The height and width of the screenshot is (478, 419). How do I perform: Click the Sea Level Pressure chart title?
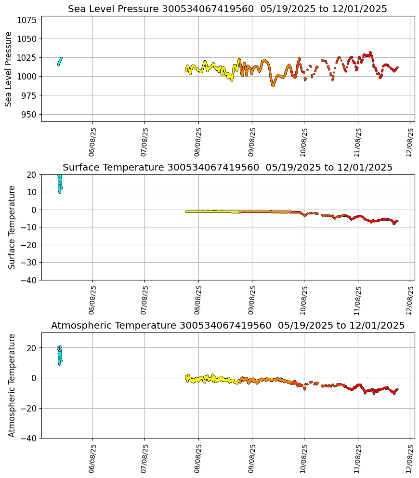[227, 9]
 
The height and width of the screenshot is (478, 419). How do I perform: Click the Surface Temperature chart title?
[227, 168]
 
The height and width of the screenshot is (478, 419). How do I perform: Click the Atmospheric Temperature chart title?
[227, 326]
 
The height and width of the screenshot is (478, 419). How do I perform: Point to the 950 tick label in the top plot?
[29, 114]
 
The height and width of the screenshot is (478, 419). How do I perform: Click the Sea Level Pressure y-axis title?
[9, 69]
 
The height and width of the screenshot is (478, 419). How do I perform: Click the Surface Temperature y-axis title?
[12, 227]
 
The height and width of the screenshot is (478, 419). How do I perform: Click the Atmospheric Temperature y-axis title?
[12, 385]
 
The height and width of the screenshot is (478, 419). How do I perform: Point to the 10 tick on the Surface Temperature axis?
[32, 192]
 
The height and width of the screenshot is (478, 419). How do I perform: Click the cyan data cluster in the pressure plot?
[60, 61]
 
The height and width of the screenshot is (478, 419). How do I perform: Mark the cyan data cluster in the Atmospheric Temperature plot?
[60, 355]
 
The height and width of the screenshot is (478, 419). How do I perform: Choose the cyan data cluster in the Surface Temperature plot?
[60, 184]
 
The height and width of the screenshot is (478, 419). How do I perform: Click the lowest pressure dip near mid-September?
[273, 85]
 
